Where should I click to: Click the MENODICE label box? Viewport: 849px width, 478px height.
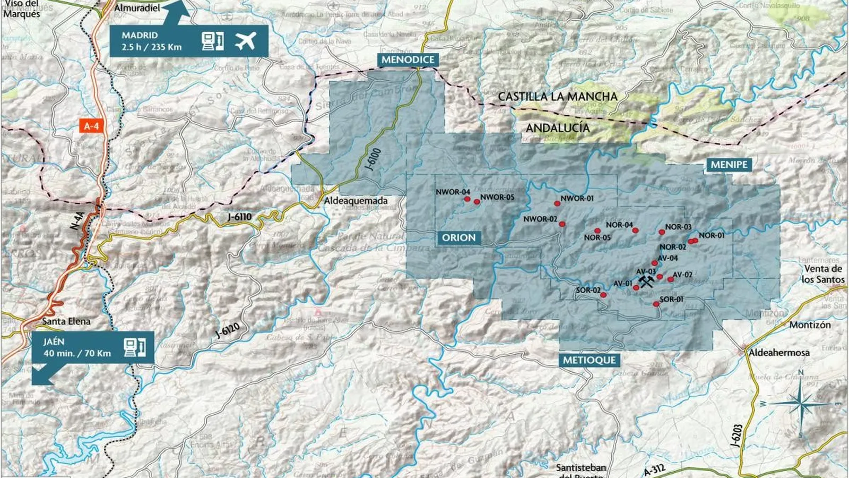pyautogui.click(x=408, y=59)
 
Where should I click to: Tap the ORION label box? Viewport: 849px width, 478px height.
pyautogui.click(x=459, y=237)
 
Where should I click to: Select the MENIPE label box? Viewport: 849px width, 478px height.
pyautogui.click(x=729, y=165)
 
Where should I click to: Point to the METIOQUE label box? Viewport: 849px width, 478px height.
pyautogui.click(x=589, y=360)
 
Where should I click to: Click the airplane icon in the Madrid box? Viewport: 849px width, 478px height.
pyautogui.click(x=245, y=40)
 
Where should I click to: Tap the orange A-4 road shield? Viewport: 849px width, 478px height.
pyautogui.click(x=91, y=126)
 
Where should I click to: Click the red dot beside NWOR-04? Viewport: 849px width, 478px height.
pyautogui.click(x=467, y=199)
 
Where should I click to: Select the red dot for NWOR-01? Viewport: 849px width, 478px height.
pyautogui.click(x=557, y=203)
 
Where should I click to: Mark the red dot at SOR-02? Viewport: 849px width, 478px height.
pyautogui.click(x=603, y=295)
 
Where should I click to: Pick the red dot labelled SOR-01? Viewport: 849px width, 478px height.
pyautogui.click(x=656, y=304)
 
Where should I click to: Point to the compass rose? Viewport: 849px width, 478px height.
pyautogui.click(x=801, y=404)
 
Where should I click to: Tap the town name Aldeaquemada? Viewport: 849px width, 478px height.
pyautogui.click(x=356, y=201)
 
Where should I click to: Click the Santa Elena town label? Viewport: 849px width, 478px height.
pyautogui.click(x=66, y=321)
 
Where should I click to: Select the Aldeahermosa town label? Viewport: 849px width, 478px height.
pyautogui.click(x=778, y=352)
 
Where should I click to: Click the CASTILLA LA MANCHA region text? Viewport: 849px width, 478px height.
pyautogui.click(x=558, y=97)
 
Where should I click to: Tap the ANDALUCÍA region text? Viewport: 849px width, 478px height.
pyautogui.click(x=558, y=128)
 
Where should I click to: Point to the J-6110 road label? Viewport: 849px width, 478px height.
pyautogui.click(x=239, y=217)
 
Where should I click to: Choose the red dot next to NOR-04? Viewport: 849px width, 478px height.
pyautogui.click(x=635, y=231)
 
